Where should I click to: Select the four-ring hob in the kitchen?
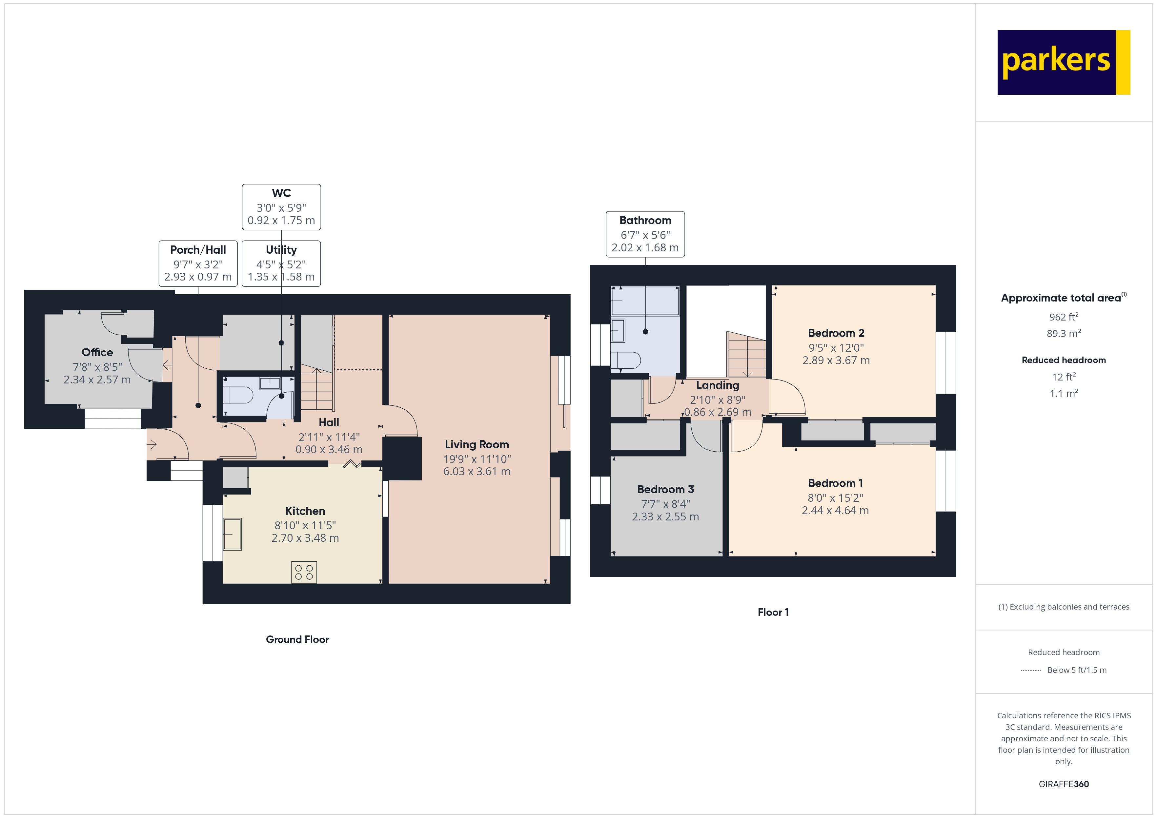click(x=304, y=572)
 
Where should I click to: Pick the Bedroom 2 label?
click(x=836, y=333)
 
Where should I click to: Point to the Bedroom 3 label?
click(x=665, y=489)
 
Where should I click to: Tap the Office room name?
click(x=97, y=352)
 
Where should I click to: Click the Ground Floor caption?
click(x=297, y=639)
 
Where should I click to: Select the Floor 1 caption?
click(x=773, y=612)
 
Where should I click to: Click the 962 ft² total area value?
click(x=1063, y=317)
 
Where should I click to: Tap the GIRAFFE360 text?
click(x=1063, y=784)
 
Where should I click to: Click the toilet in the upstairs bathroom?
click(x=626, y=360)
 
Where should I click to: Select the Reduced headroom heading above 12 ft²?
click(x=1063, y=360)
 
